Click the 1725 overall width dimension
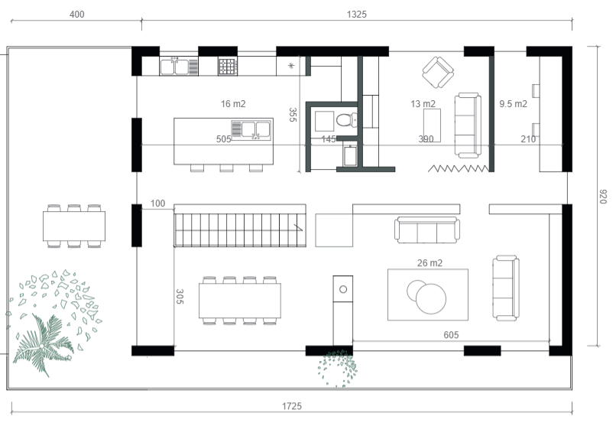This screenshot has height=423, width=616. [291, 406]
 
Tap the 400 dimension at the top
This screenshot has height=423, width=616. [76, 15]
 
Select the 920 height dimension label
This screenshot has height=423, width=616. [603, 197]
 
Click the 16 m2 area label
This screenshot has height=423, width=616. [233, 104]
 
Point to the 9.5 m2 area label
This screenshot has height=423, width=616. [513, 104]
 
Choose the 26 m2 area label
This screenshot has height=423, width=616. [430, 263]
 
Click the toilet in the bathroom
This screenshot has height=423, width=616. [346, 119]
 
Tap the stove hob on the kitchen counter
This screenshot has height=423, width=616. [228, 67]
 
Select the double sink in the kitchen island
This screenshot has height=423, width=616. [251, 130]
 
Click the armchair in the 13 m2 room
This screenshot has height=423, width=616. [438, 73]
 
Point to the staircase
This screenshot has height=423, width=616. [240, 229]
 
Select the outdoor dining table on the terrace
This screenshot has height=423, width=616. [74, 226]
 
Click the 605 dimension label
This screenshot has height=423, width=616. [451, 335]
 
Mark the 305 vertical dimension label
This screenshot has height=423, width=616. [180, 297]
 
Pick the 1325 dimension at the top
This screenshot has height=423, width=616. [357, 15]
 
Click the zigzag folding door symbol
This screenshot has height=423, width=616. [459, 168]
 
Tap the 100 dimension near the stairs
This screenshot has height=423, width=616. [157, 203]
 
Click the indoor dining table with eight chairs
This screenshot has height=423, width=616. [240, 301]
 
